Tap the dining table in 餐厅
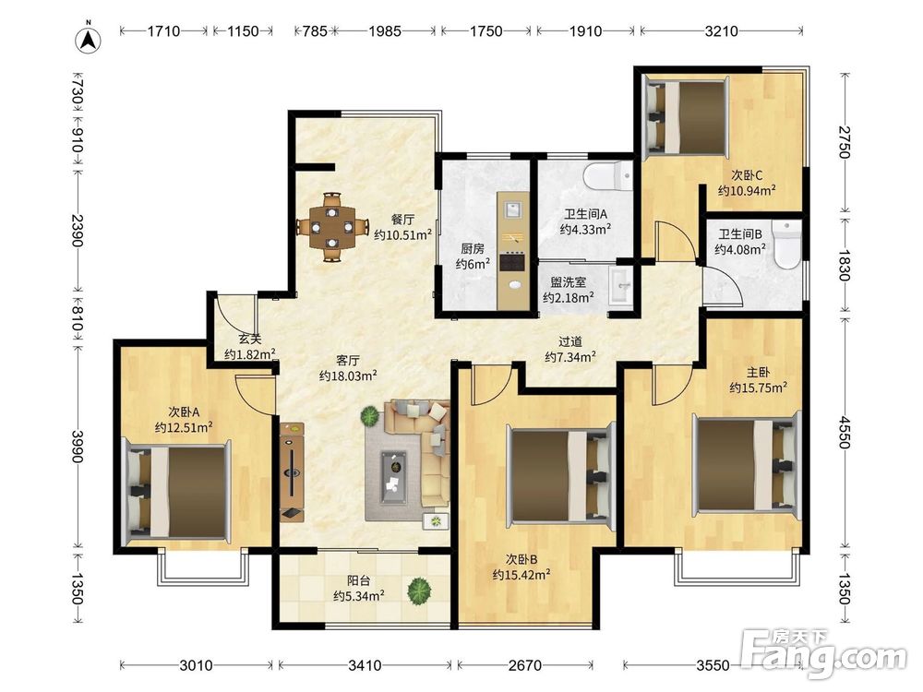pos(332,227)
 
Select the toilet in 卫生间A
pos(607,175)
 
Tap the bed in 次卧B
pos(559,475)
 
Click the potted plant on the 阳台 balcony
pos(418,591)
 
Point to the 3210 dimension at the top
pos(721,30)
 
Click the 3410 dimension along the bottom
pos(365,665)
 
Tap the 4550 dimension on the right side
pos(845,433)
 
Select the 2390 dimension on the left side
pos(78,231)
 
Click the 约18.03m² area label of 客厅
pos(348,376)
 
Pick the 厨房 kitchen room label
pos(473,249)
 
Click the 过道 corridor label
pos(569,341)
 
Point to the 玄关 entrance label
pos(249,340)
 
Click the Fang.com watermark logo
pos(823,653)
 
